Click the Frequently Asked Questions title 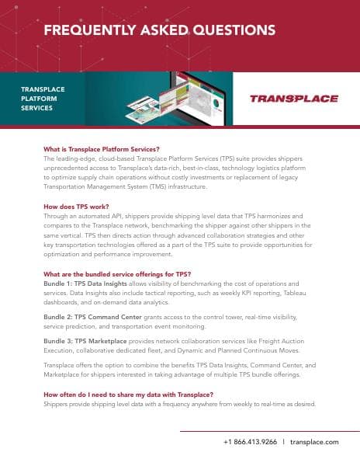[x=159, y=30]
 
